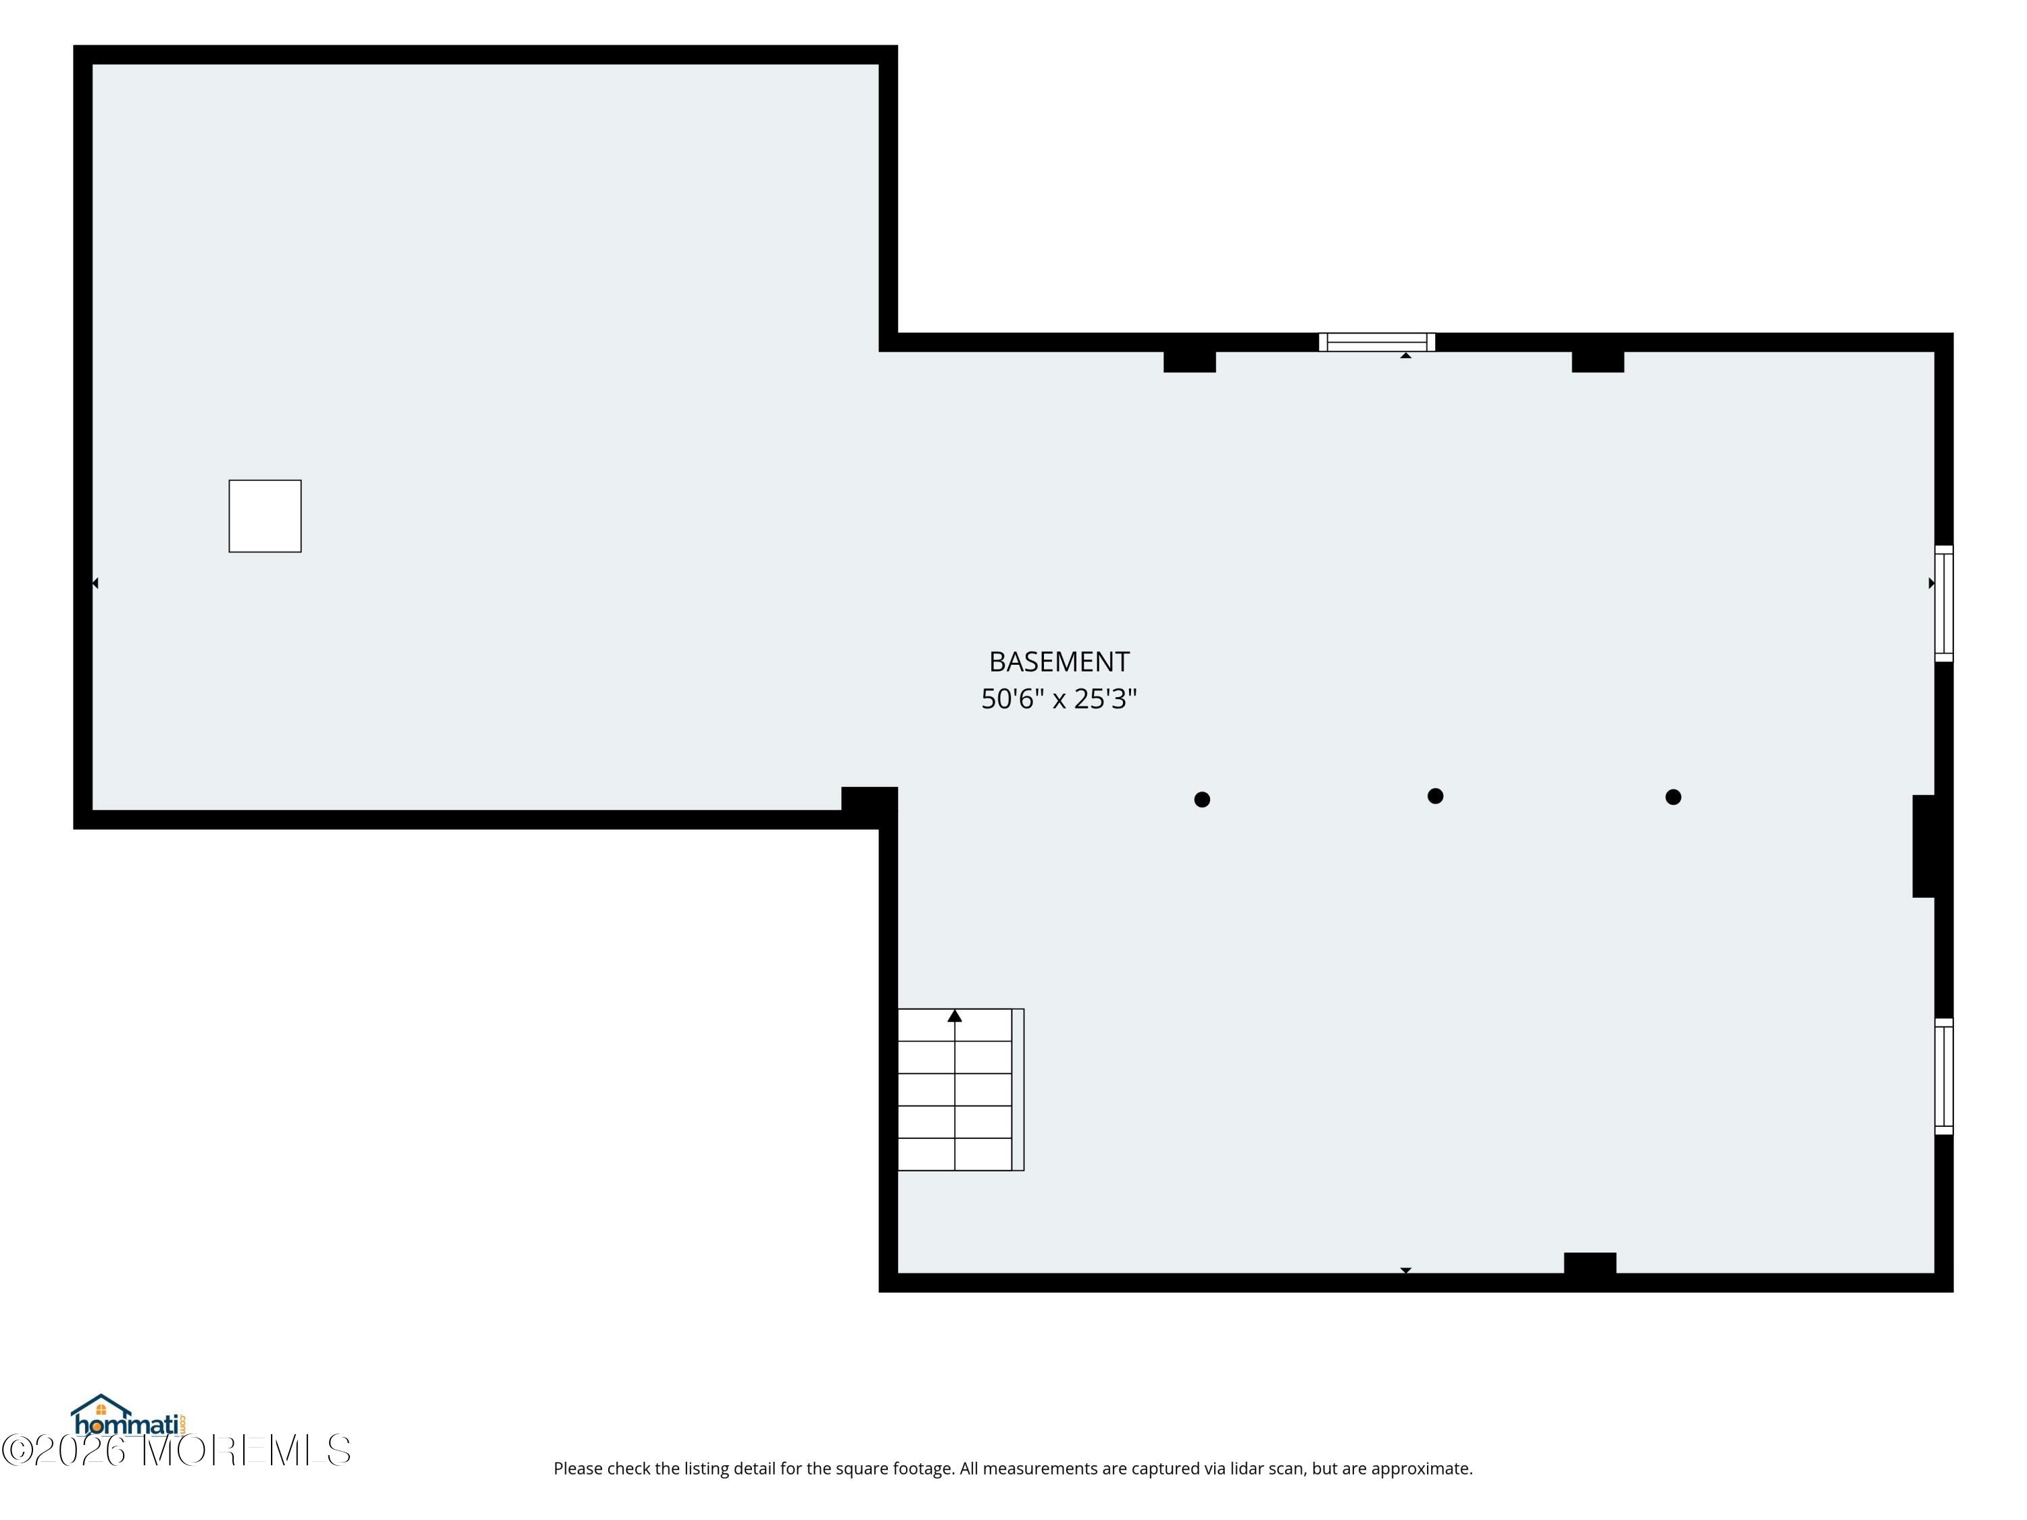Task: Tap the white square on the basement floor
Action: (x=265, y=516)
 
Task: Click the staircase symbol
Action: (x=960, y=1090)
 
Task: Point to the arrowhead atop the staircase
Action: (x=955, y=1015)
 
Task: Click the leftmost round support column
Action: (x=1202, y=800)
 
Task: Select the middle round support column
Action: (x=1436, y=796)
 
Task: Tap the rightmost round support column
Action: (x=1673, y=797)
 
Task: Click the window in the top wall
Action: (x=1377, y=342)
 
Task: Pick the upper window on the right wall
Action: (x=1944, y=603)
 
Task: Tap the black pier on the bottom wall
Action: (x=1590, y=1263)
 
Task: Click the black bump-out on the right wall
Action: (x=1924, y=846)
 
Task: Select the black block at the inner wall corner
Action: (x=869, y=799)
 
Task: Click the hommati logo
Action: (x=129, y=1415)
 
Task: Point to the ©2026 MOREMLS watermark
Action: (x=176, y=1450)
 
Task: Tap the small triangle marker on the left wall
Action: (x=95, y=583)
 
